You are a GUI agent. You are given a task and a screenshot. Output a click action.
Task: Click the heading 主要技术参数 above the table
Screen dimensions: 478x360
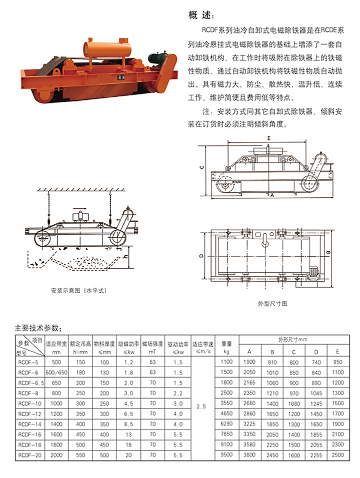tap(39, 328)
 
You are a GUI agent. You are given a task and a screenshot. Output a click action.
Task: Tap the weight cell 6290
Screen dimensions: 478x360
tap(226, 424)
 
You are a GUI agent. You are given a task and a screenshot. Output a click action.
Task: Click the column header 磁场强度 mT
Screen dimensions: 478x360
tap(152, 347)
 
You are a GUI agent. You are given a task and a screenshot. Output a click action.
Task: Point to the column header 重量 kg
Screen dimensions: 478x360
tap(226, 347)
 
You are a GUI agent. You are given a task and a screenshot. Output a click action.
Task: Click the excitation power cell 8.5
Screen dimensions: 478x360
tap(129, 424)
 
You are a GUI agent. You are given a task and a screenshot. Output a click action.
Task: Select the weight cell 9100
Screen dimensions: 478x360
tap(226, 445)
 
